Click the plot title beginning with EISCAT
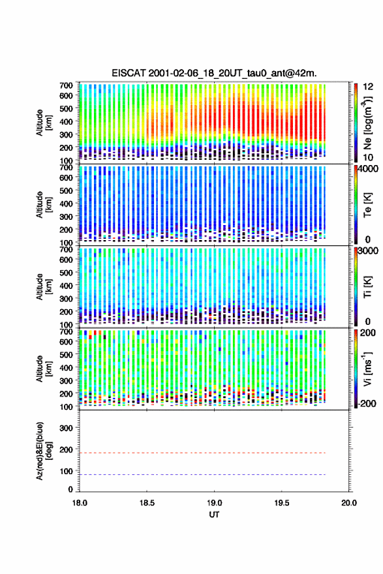tap(214, 73)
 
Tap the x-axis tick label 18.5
tap(147, 503)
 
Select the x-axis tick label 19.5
tap(282, 503)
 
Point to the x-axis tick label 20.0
tap(349, 503)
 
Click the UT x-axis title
tap(214, 515)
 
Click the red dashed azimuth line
tap(202, 453)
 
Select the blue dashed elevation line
tap(202, 474)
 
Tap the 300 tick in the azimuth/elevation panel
tap(66, 428)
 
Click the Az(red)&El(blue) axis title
tap(44, 451)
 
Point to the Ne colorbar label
tap(368, 123)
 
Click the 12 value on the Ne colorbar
tap(368, 86)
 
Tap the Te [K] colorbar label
tap(367, 205)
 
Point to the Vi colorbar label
tap(367, 369)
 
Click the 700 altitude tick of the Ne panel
tap(66, 85)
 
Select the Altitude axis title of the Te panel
tap(44, 205)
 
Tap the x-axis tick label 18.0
tap(80, 503)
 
